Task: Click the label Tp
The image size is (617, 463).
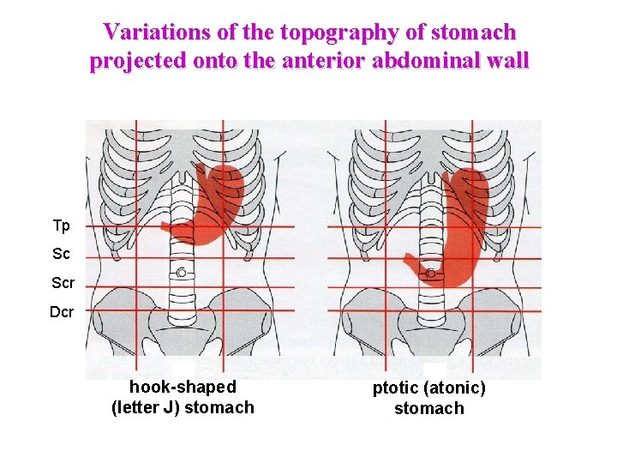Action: (x=61, y=225)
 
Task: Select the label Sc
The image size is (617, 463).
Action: (x=61, y=255)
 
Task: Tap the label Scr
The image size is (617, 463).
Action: (x=63, y=283)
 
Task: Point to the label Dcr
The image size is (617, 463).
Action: (x=62, y=312)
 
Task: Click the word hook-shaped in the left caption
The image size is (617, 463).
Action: (x=183, y=388)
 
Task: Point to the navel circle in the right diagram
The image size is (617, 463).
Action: (x=431, y=272)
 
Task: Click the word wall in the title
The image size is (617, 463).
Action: (x=508, y=61)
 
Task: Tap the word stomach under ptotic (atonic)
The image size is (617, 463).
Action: (x=428, y=408)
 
